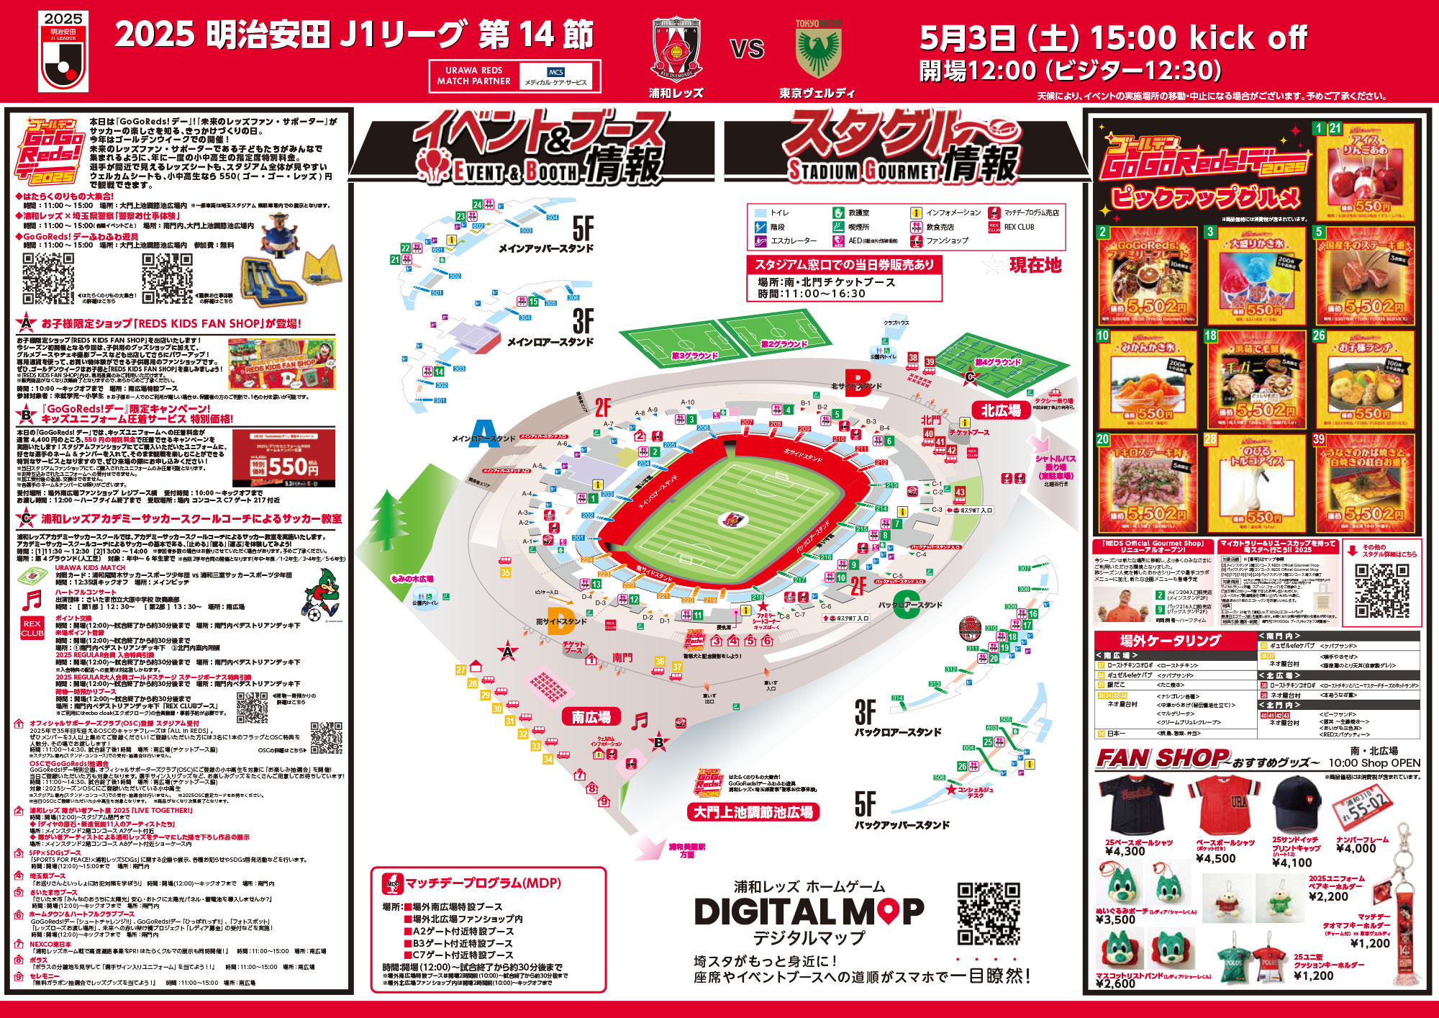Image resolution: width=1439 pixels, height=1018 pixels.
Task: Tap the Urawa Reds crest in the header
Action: [676, 49]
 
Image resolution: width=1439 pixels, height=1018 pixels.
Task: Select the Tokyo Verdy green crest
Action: [818, 50]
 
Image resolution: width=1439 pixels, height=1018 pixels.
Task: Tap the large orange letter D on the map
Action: [560, 621]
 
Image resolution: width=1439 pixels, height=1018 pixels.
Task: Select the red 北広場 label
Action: [1001, 410]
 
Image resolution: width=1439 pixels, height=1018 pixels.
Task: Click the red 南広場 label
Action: [591, 717]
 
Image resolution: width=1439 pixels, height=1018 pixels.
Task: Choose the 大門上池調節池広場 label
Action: [753, 812]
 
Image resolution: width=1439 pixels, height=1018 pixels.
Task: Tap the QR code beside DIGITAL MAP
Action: [989, 913]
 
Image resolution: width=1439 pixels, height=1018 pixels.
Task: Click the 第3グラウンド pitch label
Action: [694, 356]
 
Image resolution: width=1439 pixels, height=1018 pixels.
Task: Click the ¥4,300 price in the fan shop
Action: [1125, 852]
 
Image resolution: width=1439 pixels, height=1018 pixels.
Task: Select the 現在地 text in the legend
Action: [1035, 265]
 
